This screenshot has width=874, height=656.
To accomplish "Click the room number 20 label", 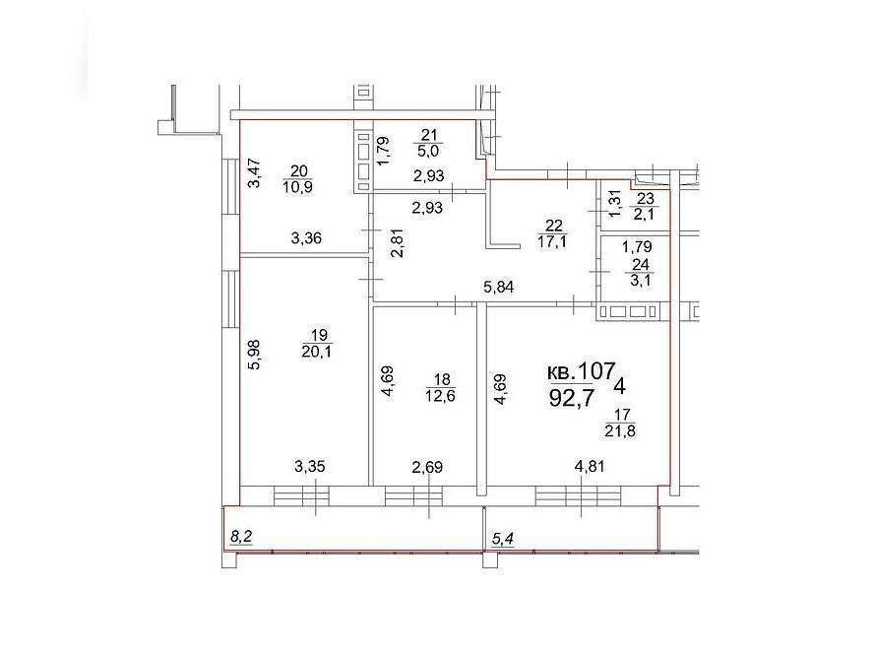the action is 298,171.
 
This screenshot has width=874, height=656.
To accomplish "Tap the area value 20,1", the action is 316,352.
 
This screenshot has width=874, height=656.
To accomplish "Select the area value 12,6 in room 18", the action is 440,396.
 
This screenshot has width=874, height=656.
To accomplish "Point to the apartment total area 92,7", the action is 572,398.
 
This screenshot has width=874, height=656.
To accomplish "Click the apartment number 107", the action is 595,370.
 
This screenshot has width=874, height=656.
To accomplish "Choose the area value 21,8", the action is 620,430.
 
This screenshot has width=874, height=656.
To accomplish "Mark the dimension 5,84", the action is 498,288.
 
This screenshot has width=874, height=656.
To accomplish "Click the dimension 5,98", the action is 257,356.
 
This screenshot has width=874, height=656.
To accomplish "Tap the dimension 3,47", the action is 254,173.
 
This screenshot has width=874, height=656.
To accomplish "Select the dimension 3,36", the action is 306,238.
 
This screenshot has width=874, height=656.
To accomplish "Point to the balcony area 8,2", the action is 241,537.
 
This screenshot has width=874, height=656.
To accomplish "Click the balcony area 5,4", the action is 502,539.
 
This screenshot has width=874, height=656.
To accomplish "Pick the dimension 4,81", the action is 589,466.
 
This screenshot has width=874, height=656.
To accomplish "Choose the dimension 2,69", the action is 426,466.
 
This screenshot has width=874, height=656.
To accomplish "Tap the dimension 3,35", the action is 309,466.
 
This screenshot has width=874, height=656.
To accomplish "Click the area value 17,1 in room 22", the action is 552,241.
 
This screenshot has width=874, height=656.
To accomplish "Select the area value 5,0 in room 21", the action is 429,151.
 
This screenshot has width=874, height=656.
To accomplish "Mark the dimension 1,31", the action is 614,204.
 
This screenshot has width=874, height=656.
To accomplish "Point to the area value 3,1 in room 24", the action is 640,281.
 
